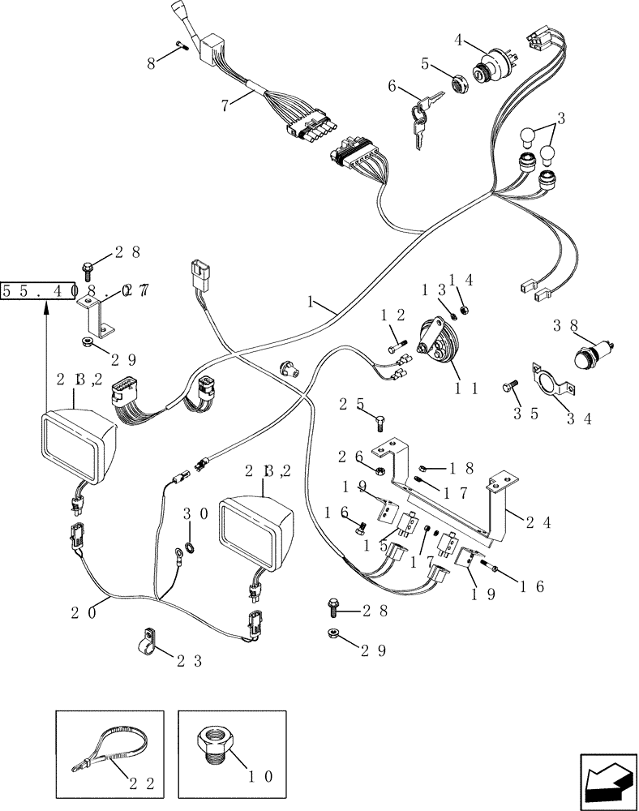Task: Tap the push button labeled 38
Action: coord(588,357)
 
